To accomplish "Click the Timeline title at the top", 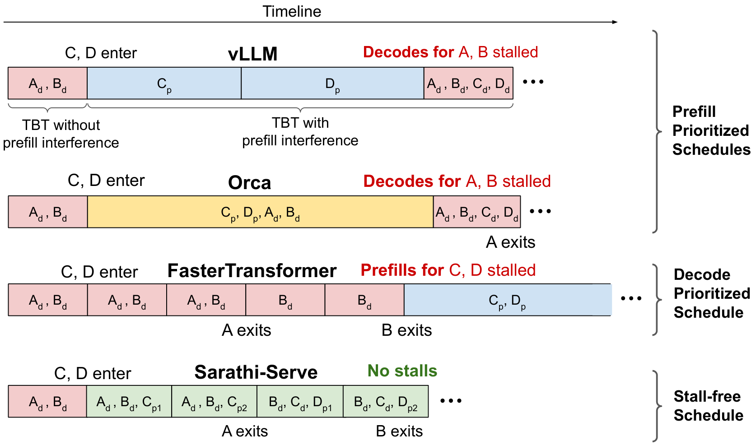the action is [x=292, y=11].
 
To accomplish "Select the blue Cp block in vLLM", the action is [x=164, y=83].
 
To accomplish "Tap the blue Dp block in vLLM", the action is [x=332, y=83].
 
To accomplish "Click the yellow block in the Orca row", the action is [x=260, y=212].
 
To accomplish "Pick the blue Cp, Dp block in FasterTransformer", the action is [x=508, y=300].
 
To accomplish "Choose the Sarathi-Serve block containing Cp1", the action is [x=129, y=402].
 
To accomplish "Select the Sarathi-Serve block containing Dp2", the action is [x=386, y=402].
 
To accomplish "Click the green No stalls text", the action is [x=402, y=371].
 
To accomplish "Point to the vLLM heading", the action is [x=252, y=54].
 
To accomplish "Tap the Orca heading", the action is [x=249, y=183].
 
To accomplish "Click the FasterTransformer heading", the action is [x=252, y=271].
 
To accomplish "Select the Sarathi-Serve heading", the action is [x=256, y=372].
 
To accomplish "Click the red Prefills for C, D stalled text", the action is [x=448, y=270].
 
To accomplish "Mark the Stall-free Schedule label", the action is [x=709, y=406].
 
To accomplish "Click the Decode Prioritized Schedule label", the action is [x=712, y=293].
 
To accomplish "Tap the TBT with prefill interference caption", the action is [x=300, y=132].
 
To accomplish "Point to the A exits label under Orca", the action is [x=510, y=242].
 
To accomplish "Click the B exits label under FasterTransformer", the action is [x=406, y=330].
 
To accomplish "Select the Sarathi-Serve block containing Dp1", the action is [x=300, y=402].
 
